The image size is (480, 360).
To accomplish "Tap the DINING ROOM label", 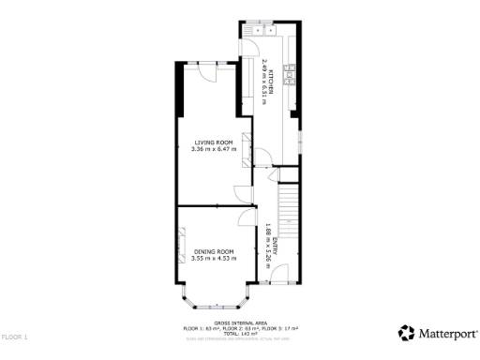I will coord(214,252).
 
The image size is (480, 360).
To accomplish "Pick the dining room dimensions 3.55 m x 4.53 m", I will coord(214,259).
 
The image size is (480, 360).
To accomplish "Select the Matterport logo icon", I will coord(406,333).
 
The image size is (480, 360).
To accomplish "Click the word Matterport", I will coord(446,333).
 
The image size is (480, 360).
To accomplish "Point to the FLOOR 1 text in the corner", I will coord(14,336).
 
